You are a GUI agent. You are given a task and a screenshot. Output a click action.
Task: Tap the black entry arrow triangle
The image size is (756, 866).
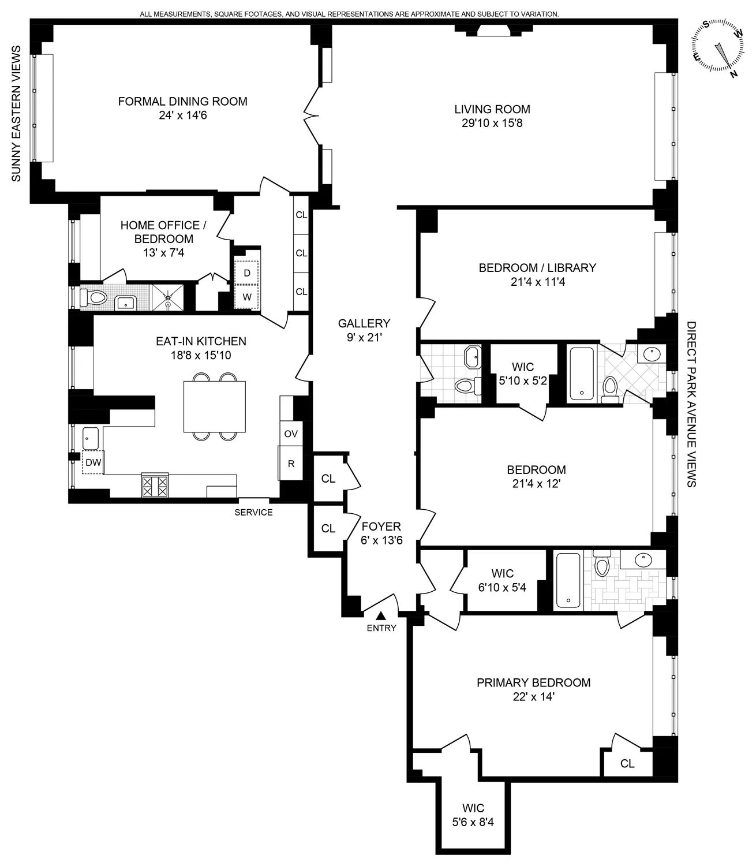381,616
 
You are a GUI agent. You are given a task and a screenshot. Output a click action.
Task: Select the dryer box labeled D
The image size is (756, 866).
247,273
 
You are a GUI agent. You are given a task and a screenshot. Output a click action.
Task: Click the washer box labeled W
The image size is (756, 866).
247,297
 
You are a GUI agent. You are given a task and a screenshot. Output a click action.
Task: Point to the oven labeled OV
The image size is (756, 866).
291,433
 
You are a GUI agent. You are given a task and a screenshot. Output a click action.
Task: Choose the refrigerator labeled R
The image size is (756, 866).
291,463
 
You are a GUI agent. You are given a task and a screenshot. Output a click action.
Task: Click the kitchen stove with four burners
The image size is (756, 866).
155,486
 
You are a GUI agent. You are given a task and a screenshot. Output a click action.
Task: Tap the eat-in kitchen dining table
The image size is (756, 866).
215,406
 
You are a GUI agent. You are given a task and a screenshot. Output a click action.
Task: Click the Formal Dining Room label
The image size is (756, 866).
182,102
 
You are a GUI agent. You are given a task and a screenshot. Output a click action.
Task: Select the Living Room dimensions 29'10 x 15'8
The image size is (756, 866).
492,123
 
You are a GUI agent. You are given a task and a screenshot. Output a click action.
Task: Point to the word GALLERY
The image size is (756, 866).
364,323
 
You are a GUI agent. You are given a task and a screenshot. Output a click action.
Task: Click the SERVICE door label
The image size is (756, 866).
253,512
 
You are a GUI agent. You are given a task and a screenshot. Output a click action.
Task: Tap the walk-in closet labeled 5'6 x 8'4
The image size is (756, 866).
473,815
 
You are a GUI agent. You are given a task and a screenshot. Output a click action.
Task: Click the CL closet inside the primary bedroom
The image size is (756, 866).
627,763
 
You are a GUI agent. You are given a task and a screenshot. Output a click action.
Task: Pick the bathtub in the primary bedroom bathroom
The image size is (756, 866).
569,580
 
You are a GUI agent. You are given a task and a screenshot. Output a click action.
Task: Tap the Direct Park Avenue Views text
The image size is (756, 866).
691,404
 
